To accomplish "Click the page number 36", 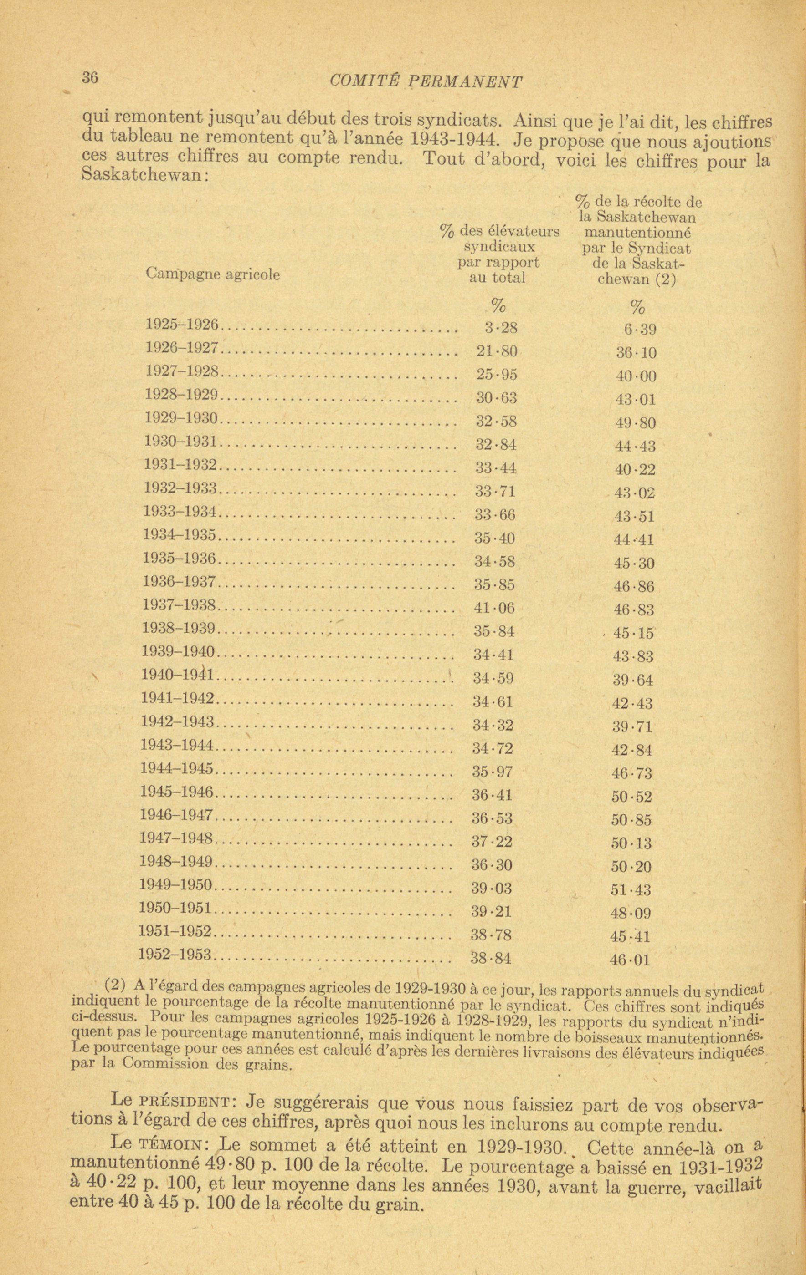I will pyautogui.click(x=90, y=77).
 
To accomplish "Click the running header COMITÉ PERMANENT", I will pyautogui.click(x=426, y=81).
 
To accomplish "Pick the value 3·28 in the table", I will pyautogui.click(x=501, y=328).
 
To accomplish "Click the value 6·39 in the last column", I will pyautogui.click(x=640, y=330).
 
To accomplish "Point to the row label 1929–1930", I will pyautogui.click(x=182, y=418).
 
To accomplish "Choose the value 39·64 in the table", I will pyautogui.click(x=633, y=680).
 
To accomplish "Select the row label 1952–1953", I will pyautogui.click(x=175, y=954).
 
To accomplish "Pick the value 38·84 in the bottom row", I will pyautogui.click(x=491, y=957).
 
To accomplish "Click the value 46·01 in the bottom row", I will pyautogui.click(x=630, y=960).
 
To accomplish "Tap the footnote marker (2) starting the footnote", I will pyautogui.click(x=115, y=985).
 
